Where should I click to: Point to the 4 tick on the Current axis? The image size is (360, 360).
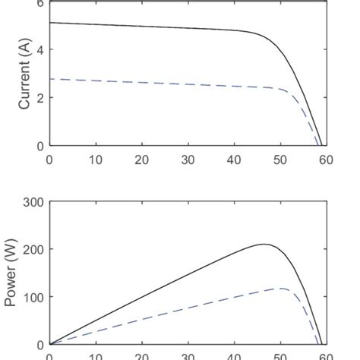point(39,50)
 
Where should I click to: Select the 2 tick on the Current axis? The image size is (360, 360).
point(39,98)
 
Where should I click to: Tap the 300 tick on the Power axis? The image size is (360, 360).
point(33,202)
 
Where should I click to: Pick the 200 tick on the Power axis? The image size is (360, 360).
point(33,249)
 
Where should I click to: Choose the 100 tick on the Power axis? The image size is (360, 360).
point(33,297)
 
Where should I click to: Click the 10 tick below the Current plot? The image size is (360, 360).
point(96,160)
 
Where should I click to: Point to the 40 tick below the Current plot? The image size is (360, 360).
point(234,160)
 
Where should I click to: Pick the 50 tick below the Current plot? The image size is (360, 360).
point(280,160)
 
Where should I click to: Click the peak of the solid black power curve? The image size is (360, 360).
point(264,245)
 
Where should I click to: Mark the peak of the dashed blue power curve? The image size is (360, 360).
point(282,289)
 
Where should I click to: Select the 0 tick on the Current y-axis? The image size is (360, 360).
point(39,145)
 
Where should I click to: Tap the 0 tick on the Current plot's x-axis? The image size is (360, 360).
point(49,160)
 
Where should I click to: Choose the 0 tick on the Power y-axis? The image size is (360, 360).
point(39,344)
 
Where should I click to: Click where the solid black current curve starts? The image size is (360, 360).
point(49,23)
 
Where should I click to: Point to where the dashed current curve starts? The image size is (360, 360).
point(49,79)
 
